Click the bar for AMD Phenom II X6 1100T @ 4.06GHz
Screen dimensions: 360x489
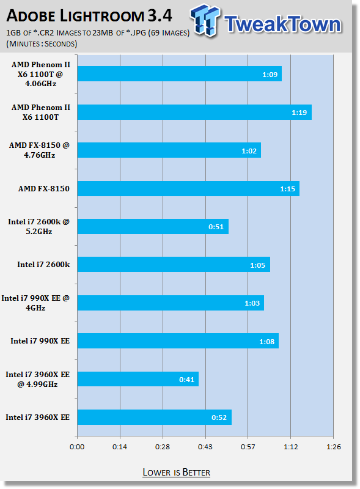pyautogui.click(x=179, y=73)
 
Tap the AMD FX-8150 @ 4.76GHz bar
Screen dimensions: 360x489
pyautogui.click(x=169, y=150)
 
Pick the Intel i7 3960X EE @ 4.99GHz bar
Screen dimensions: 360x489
pyautogui.click(x=138, y=379)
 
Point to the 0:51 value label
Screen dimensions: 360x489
pyautogui.click(x=216, y=227)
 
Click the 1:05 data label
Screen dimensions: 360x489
pyautogui.click(x=258, y=265)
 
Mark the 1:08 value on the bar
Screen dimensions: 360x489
pyautogui.click(x=266, y=342)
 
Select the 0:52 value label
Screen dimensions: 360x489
pyautogui.click(x=219, y=417)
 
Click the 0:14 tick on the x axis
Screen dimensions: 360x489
pyautogui.click(x=120, y=447)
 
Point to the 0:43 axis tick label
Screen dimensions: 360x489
pyautogui.click(x=205, y=447)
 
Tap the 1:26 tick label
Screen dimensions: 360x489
pyautogui.click(x=334, y=447)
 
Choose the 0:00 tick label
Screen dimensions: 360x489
pyautogui.click(x=77, y=447)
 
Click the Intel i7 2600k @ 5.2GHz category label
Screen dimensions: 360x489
pyautogui.click(x=39, y=226)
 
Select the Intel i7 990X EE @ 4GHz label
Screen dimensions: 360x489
pyautogui.click(x=35, y=303)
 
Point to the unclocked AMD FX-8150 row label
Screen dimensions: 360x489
pyautogui.click(x=43, y=189)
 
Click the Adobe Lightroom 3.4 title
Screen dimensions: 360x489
pyautogui.click(x=89, y=16)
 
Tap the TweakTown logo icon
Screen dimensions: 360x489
pyautogui.click(x=205, y=20)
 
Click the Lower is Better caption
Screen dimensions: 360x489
pyautogui.click(x=176, y=472)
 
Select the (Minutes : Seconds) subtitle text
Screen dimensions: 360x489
pyautogui.click(x=42, y=43)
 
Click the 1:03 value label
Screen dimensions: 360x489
pyautogui.click(x=252, y=303)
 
